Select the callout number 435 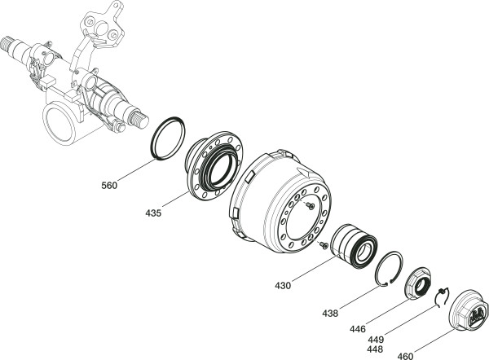tap(152, 213)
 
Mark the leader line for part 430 tap(314, 268)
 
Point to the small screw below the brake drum tap(324, 244)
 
